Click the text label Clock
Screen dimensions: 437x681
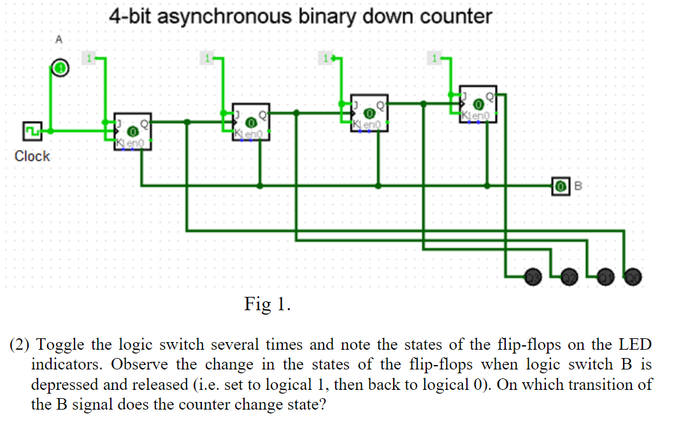click(x=32, y=156)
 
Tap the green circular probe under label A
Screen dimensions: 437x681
click(x=59, y=68)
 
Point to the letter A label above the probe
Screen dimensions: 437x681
click(x=59, y=39)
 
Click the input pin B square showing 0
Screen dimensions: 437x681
click(x=560, y=186)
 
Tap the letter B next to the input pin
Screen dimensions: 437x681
click(x=578, y=186)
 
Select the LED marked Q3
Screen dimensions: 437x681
click(x=532, y=276)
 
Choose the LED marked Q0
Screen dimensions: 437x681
click(x=633, y=276)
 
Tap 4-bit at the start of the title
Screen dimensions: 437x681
click(x=130, y=16)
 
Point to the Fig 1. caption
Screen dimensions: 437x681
click(x=268, y=304)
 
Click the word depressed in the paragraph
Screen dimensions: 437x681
click(x=64, y=385)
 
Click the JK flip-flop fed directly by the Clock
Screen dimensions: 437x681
click(x=133, y=132)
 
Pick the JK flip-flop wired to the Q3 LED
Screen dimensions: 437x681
click(x=478, y=104)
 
